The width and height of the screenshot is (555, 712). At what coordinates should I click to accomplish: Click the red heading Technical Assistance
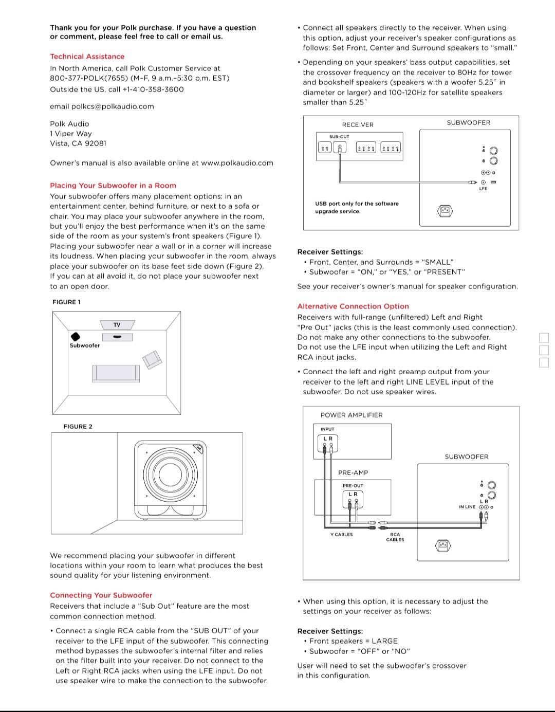(87, 57)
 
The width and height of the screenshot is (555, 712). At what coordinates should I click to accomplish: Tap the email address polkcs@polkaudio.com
(112, 106)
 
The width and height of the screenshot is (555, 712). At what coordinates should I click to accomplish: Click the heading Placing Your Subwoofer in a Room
(113, 186)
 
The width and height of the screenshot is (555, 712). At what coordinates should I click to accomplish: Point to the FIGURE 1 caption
(66, 302)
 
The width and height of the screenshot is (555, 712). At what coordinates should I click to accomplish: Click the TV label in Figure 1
(117, 325)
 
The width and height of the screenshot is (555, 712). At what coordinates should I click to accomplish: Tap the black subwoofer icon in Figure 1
(75, 336)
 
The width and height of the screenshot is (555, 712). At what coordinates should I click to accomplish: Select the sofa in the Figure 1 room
(116, 373)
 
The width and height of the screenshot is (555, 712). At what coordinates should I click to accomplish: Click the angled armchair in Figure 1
(152, 359)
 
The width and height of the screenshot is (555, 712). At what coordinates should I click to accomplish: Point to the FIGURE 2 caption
(78, 427)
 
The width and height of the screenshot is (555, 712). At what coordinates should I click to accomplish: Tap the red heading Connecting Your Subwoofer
(101, 595)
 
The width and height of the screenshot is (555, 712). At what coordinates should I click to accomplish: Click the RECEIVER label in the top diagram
(358, 125)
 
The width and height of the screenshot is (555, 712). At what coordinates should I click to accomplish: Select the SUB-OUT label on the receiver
(339, 137)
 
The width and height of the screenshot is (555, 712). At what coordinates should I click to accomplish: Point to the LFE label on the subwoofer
(483, 189)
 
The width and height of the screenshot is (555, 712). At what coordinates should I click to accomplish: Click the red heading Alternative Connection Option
(353, 306)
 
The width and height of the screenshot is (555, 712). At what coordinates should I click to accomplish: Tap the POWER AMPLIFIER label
(351, 415)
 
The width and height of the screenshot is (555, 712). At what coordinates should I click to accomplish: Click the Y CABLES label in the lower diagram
(341, 535)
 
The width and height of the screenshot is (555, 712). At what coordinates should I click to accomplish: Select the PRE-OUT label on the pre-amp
(353, 486)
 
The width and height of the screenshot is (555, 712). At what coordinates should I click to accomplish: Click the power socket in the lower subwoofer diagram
(443, 545)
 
